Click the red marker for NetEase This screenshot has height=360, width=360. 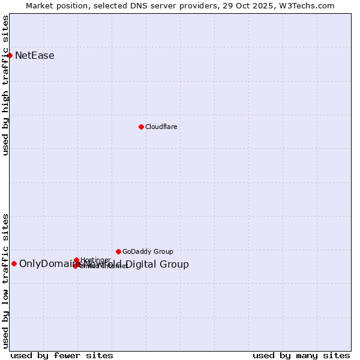(10, 55)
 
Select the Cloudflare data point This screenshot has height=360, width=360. (141, 127)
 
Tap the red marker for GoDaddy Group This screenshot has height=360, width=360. (118, 251)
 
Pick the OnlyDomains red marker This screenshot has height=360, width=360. (14, 263)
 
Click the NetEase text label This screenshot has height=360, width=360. (35, 56)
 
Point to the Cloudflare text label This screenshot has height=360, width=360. (161, 127)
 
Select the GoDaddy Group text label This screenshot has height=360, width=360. (148, 252)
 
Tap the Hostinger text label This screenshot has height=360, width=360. (95, 260)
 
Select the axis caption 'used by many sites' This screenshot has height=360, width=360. (301, 356)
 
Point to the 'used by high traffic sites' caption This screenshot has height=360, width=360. (6, 85)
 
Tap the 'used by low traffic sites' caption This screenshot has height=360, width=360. (6, 281)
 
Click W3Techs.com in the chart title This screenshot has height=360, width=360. (308, 6)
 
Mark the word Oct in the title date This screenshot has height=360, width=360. (248, 6)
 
